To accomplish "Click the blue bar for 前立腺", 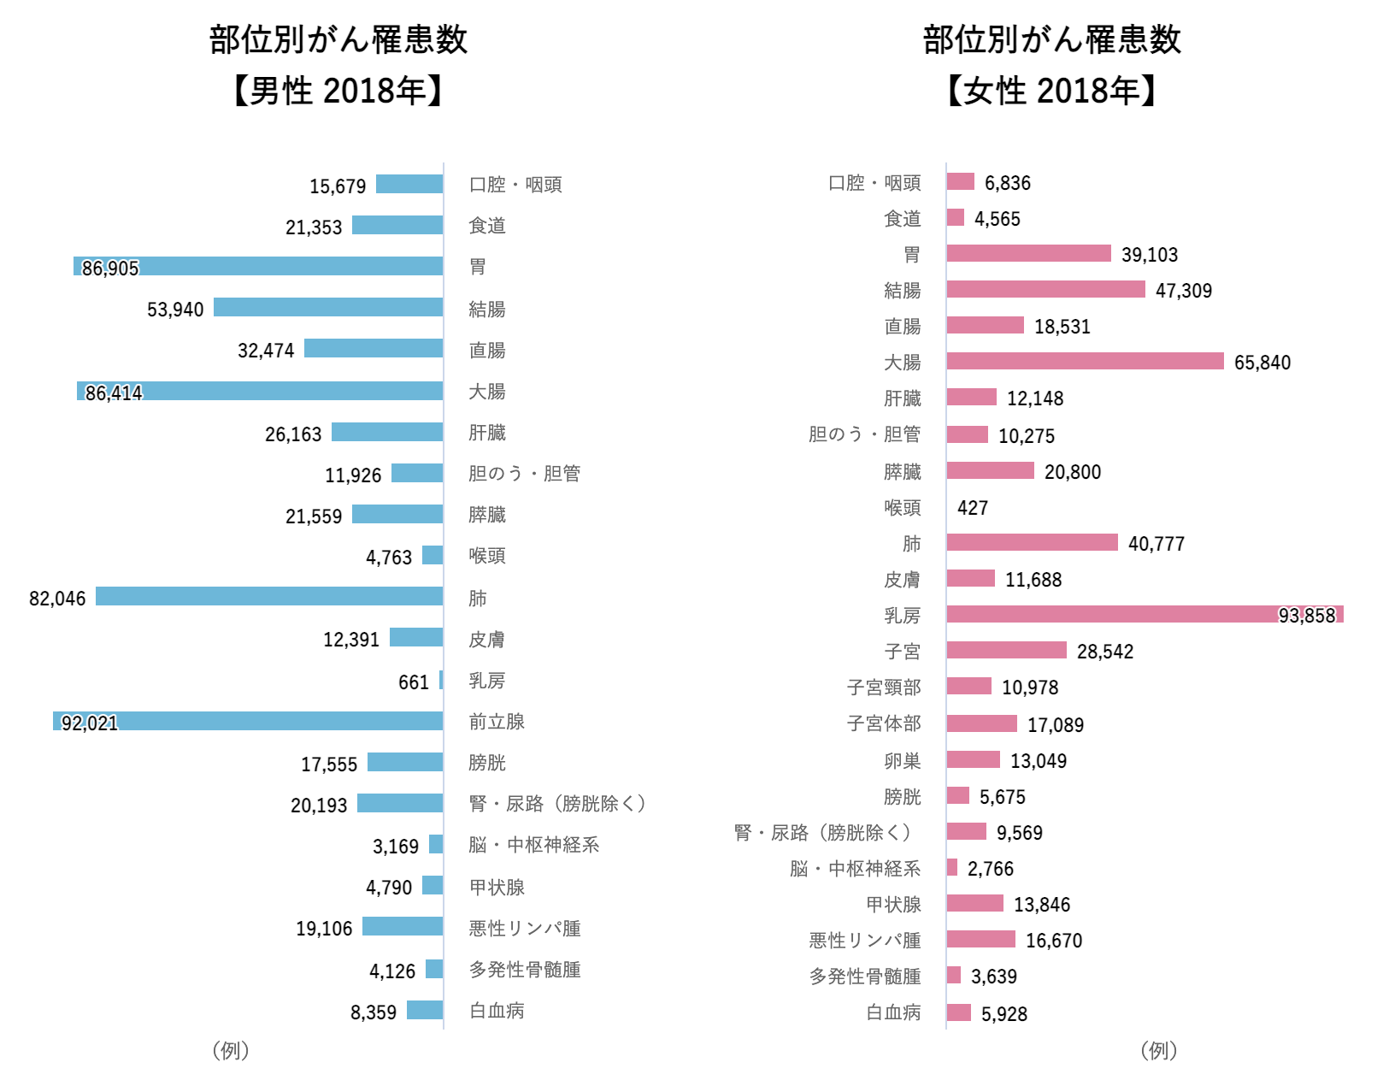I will pyautogui.click(x=248, y=721).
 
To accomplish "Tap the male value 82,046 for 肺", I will pyautogui.click(x=57, y=599).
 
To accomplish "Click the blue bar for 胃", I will pyautogui.click(x=258, y=266).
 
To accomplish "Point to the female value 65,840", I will pyautogui.click(x=1262, y=363).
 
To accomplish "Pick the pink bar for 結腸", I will pyautogui.click(x=1045, y=289).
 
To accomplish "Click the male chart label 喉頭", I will pyautogui.click(x=486, y=556).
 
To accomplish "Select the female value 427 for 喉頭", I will pyautogui.click(x=972, y=508).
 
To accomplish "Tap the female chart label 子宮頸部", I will pyautogui.click(x=884, y=688).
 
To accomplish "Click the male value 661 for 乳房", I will pyautogui.click(x=413, y=682).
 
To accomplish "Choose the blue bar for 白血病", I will pyautogui.click(x=425, y=1010).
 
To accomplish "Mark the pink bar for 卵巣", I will pyautogui.click(x=973, y=759).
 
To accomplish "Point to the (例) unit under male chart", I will pyautogui.click(x=230, y=1050).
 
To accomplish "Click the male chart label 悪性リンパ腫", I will pyautogui.click(x=525, y=929).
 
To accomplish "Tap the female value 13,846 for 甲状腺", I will pyautogui.click(x=1041, y=905).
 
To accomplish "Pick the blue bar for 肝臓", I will pyautogui.click(x=387, y=432).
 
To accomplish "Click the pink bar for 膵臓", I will pyautogui.click(x=990, y=470).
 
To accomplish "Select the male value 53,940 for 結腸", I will pyautogui.click(x=175, y=310).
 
